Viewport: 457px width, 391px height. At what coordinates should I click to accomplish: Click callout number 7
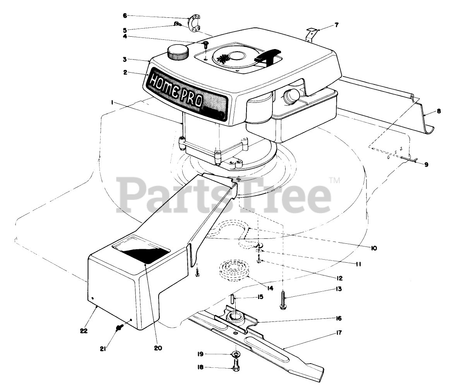tap(336, 25)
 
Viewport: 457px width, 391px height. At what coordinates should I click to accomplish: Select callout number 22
tap(84, 331)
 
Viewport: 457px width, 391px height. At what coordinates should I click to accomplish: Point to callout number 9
tap(426, 164)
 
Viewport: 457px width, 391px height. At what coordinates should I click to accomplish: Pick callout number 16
tap(339, 318)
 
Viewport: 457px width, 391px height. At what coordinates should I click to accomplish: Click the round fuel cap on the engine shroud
tap(177, 52)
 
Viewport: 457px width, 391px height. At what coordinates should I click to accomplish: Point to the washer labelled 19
tap(236, 354)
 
